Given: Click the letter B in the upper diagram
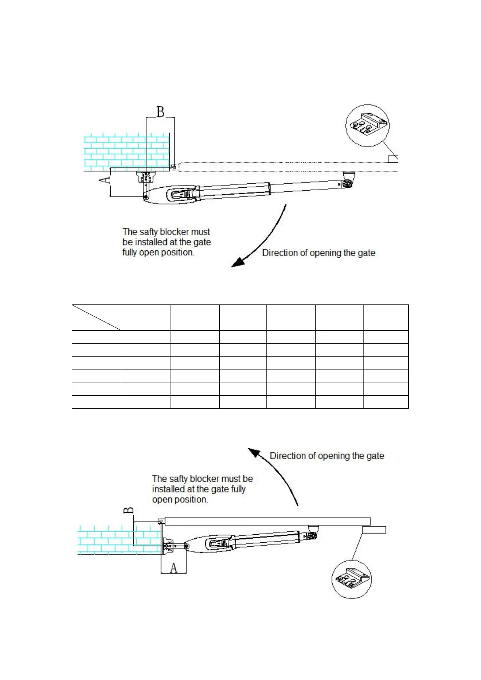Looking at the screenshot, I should click(160, 111).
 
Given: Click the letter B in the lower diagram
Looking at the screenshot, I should click(128, 510).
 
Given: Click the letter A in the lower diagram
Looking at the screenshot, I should click(174, 568).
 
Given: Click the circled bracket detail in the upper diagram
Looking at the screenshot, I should click(368, 125).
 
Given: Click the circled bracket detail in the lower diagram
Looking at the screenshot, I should click(351, 579).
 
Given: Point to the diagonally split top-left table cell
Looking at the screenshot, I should click(96, 318).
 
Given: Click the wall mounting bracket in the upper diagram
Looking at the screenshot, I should click(145, 177).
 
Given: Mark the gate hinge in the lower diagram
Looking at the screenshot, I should click(161, 521).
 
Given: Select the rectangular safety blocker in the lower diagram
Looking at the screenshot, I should click(374, 530).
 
